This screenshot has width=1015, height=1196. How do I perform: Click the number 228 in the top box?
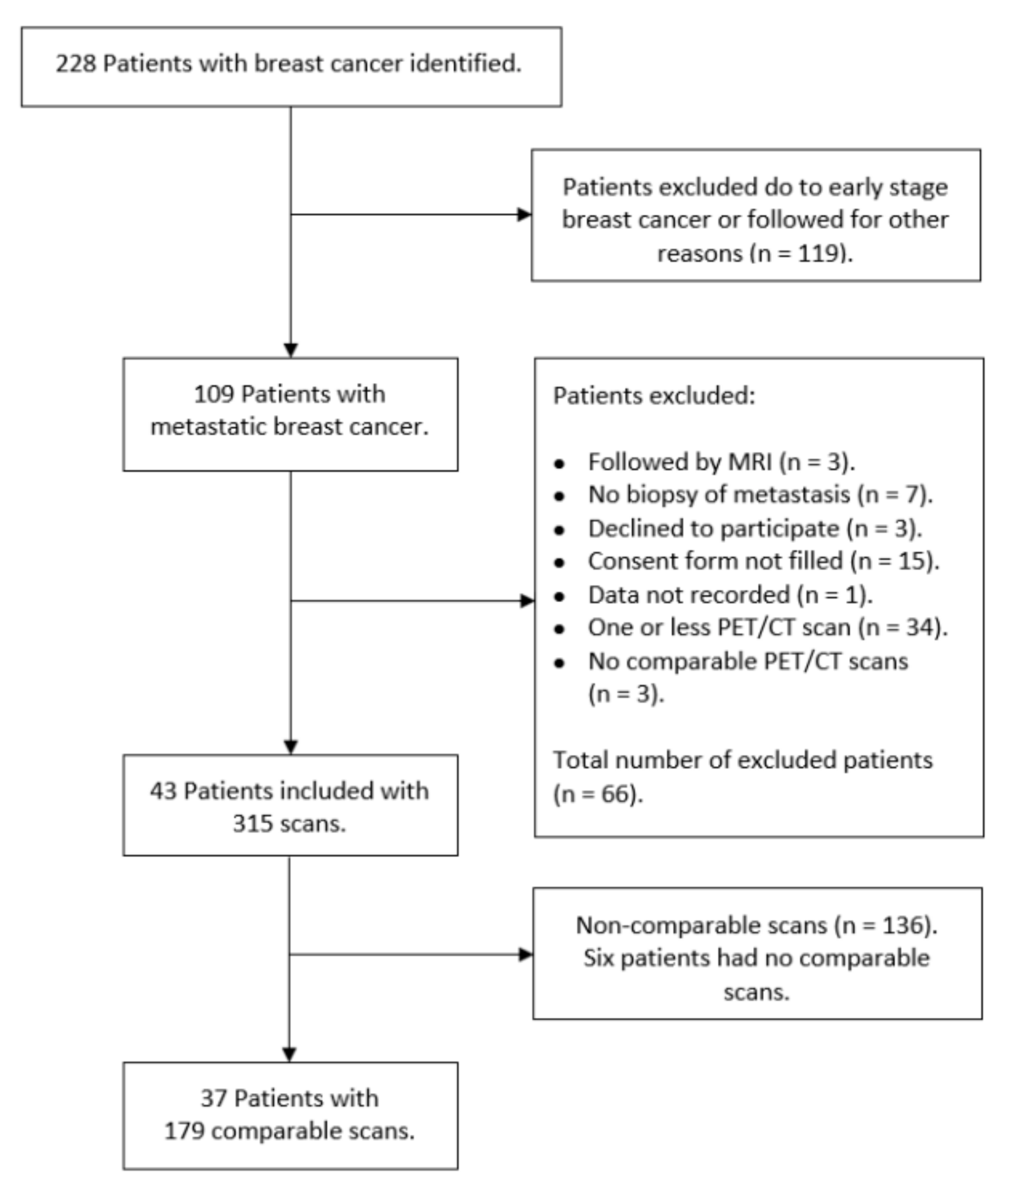pos(75,63)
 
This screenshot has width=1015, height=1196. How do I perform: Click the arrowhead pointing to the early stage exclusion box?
pos(524,215)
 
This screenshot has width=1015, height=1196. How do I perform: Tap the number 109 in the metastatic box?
pos(214,394)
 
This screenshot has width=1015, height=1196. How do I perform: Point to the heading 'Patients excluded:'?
pos(654,396)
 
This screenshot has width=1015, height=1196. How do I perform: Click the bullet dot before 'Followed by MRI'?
pos(559,464)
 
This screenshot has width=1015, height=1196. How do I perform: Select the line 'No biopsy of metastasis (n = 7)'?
pos(759,494)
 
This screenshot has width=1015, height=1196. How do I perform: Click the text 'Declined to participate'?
pos(714,528)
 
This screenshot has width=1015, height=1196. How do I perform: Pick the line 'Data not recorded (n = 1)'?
pos(730,595)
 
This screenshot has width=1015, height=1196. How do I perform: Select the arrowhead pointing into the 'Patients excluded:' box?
pos(527,601)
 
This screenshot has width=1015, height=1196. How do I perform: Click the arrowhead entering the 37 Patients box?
pos(290,1054)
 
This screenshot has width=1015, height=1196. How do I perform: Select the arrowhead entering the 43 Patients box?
pos(291,746)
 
